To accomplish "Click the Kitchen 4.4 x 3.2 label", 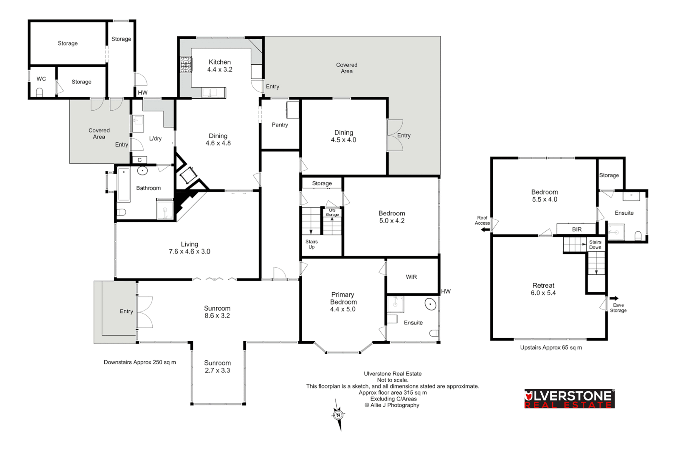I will tap(220, 66).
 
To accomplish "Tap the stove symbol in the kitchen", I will tap(186, 65).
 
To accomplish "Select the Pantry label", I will tap(280, 124).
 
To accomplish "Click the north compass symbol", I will tap(338, 415).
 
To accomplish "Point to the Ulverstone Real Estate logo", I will tap(569, 399).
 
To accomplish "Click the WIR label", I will tap(411, 277).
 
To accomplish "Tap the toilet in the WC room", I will tap(40, 92).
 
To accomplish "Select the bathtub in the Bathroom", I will tap(124, 185).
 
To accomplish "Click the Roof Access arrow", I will tap(485, 229).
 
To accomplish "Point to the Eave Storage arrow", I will tap(614, 298).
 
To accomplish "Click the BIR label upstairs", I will tap(577, 229).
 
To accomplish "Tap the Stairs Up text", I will tap(311, 244).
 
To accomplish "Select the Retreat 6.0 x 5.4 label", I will tap(543, 289).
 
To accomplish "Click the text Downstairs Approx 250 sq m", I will tap(140, 362).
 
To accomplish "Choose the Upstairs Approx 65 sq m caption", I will tap(551, 347).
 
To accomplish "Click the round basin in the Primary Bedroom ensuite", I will tap(430, 304).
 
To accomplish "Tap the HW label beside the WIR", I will tap(446, 291).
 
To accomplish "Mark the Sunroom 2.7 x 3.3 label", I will tap(217, 367).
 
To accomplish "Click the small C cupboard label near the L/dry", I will tap(139, 160).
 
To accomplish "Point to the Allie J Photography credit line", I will tap(392, 405).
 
